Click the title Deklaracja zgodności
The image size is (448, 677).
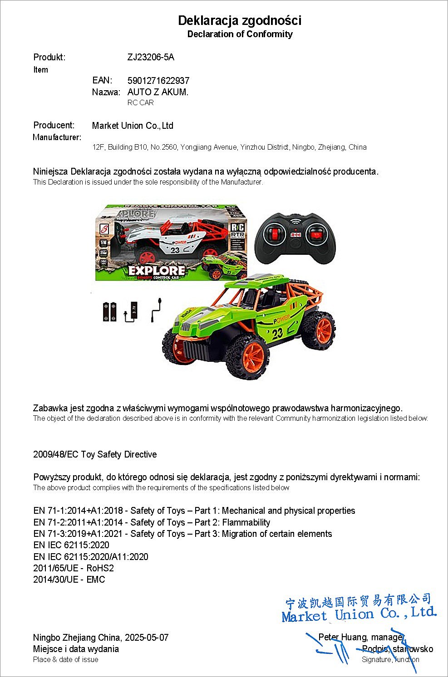click(x=239, y=20)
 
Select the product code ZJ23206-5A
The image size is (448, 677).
click(x=151, y=57)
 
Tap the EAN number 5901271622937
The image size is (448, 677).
click(x=158, y=81)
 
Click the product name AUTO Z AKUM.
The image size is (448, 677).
click(x=158, y=92)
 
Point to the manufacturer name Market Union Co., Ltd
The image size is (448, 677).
click(x=133, y=126)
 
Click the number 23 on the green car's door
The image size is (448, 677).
click(x=278, y=333)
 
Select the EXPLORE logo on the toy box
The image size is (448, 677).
click(x=157, y=271)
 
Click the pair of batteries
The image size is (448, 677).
click(x=110, y=312)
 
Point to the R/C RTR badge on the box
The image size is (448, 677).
click(x=238, y=231)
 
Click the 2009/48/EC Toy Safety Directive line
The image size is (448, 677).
click(x=95, y=454)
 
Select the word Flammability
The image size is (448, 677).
click(x=246, y=522)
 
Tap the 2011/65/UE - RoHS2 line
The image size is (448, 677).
click(x=74, y=568)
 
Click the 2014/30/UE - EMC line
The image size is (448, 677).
click(x=69, y=580)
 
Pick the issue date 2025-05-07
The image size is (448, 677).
click(x=147, y=638)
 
